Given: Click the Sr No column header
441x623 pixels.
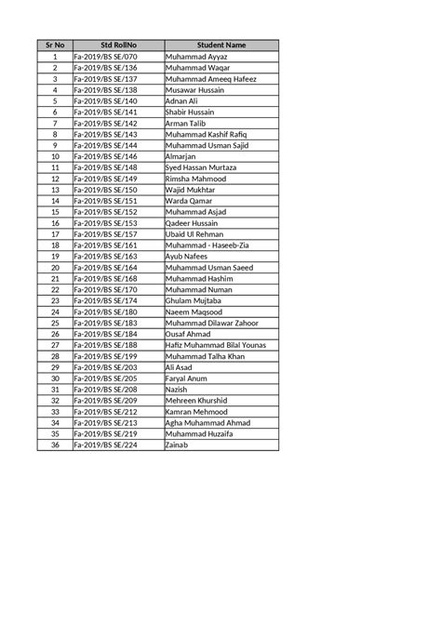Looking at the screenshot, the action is coord(55,45).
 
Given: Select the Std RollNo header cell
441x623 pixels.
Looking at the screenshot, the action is coord(118,45).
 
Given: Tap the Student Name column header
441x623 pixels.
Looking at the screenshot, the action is coord(221,45).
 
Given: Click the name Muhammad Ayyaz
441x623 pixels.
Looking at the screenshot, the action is coord(195,57).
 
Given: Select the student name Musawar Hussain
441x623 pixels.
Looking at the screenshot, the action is coord(196,90).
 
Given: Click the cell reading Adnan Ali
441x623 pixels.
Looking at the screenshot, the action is coord(181,100).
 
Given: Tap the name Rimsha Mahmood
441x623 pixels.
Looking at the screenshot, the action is coord(196,179).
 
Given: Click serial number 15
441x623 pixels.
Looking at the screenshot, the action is coord(55,212).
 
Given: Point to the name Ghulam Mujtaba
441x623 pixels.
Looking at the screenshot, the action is coord(194,301).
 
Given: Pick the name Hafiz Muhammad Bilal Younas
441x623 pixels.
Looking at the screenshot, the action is coord(215,345).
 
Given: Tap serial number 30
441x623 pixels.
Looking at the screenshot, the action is coord(55,378).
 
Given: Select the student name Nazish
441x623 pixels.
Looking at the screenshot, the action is coord(177,390).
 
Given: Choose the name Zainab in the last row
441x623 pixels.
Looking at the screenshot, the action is coord(177,445).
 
